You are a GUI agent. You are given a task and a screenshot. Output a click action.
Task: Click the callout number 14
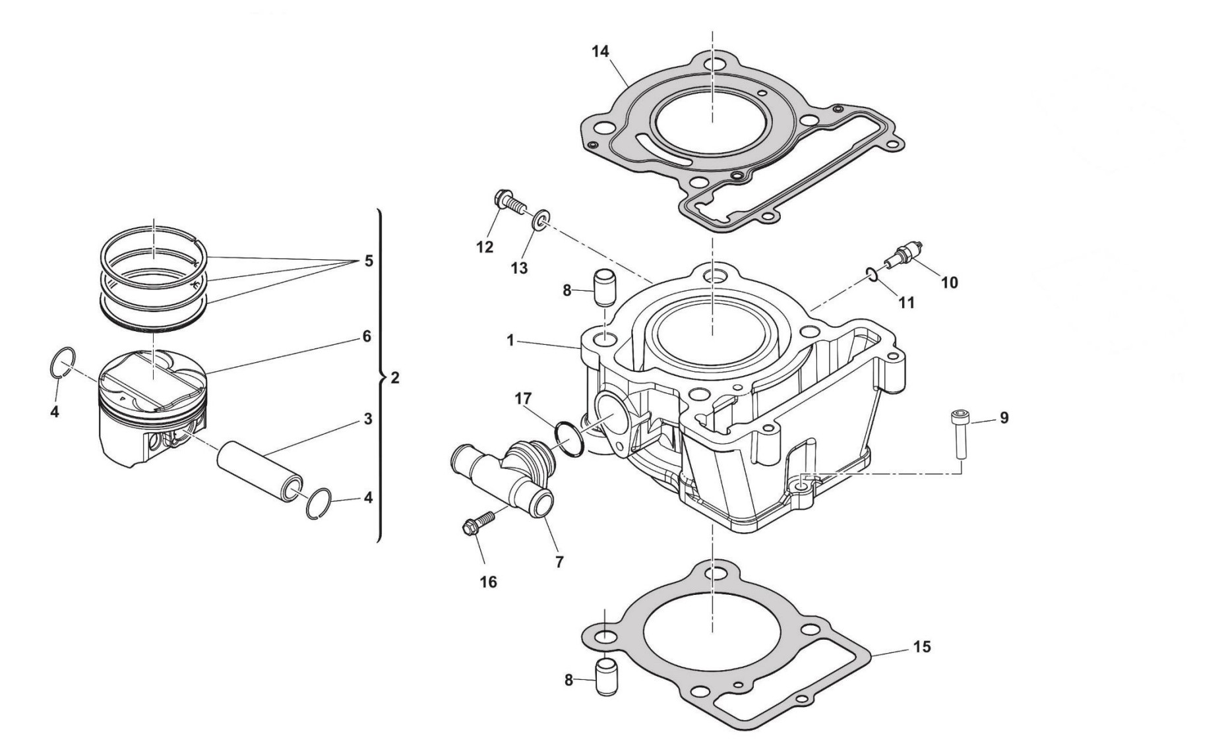pyautogui.click(x=600, y=51)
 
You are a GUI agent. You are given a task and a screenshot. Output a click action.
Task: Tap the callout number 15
pyautogui.click(x=922, y=647)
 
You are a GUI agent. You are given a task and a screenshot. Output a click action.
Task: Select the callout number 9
pyautogui.click(x=1004, y=418)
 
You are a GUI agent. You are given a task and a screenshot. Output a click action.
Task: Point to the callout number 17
pyautogui.click(x=523, y=399)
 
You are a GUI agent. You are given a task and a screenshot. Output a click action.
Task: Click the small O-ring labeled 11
pyautogui.click(x=873, y=274)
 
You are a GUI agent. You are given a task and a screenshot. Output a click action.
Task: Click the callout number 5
pyautogui.click(x=368, y=261)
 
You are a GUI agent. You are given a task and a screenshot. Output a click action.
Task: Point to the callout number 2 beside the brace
pyautogui.click(x=394, y=379)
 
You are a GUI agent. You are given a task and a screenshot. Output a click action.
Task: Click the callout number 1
pyautogui.click(x=510, y=341)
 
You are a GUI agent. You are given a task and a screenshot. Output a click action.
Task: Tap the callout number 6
pyautogui.click(x=367, y=336)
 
